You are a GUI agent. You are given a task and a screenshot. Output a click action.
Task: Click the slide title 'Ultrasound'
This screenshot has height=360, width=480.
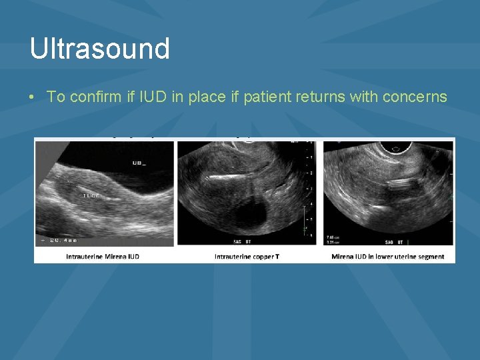(x=99, y=49)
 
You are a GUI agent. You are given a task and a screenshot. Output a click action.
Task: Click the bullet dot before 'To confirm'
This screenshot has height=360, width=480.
(x=33, y=97)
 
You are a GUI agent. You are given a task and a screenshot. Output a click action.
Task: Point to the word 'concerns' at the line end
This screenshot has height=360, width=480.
(x=415, y=97)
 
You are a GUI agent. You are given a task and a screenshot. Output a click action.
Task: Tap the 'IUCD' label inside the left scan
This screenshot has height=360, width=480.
(x=91, y=195)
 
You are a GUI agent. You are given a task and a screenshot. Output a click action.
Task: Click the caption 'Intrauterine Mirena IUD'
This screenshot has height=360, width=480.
(x=103, y=257)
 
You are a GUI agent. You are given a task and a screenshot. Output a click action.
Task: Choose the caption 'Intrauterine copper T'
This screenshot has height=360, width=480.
(x=247, y=257)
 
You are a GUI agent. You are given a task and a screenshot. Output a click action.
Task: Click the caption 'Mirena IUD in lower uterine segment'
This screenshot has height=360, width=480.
(x=387, y=257)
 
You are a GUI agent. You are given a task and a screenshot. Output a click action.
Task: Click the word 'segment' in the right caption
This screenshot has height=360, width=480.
(x=430, y=257)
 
